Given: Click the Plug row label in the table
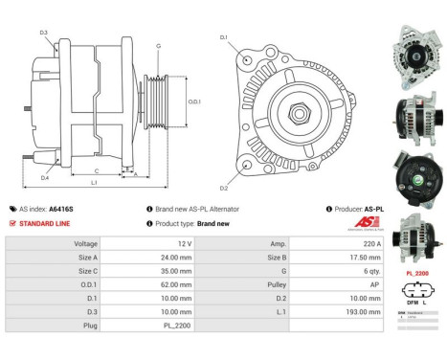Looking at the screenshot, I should coord(91,325).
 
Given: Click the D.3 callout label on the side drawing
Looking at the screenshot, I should coord(44,33).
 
